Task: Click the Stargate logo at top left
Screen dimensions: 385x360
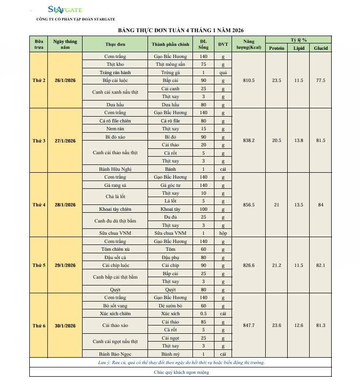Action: tap(65, 9)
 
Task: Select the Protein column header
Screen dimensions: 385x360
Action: tap(276, 48)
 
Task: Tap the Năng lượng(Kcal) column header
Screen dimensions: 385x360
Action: tap(249, 44)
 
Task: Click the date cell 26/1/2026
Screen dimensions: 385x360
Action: tap(65, 81)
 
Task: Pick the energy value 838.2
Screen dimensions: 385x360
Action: tap(249, 141)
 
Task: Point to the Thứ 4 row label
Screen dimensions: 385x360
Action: tap(39, 205)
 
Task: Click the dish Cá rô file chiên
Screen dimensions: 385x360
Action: tap(115, 121)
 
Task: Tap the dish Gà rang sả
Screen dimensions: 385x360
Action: tap(115, 185)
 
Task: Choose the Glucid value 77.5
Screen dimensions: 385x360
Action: tap(320, 81)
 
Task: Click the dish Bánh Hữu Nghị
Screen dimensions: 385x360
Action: tap(115, 169)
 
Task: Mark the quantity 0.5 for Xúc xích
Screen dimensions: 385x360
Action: tap(203, 314)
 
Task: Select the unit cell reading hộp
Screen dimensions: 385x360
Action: tap(223, 233)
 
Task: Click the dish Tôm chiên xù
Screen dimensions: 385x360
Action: tap(115, 249)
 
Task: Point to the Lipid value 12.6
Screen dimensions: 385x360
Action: tap(298, 325)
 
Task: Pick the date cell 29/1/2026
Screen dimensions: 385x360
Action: tap(65, 265)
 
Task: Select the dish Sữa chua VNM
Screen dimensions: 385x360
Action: tap(115, 233)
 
